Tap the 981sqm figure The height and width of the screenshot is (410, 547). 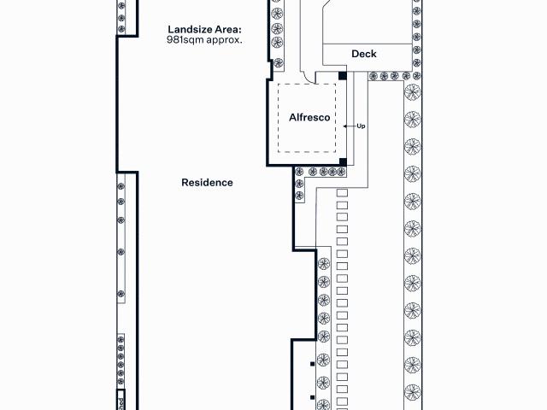185,39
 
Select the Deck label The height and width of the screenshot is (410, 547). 364,54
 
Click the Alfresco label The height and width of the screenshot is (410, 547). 309,118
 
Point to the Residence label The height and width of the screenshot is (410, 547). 207,182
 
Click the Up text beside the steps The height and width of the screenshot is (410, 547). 361,126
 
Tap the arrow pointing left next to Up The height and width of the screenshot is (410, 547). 350,126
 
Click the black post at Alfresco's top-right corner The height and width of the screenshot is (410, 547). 343,76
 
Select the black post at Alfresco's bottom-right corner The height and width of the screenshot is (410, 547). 343,161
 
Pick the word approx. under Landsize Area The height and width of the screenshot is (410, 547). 224,40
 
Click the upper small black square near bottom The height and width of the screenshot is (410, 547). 312,364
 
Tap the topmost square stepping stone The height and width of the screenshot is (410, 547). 342,193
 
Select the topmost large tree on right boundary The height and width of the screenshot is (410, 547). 413,92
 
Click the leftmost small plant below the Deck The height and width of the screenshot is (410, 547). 373,76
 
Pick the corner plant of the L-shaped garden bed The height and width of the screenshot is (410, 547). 299,171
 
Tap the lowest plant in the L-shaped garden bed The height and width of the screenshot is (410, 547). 299,196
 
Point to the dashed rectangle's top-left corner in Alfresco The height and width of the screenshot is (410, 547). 278,84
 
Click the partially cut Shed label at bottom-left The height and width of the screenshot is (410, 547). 121,404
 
